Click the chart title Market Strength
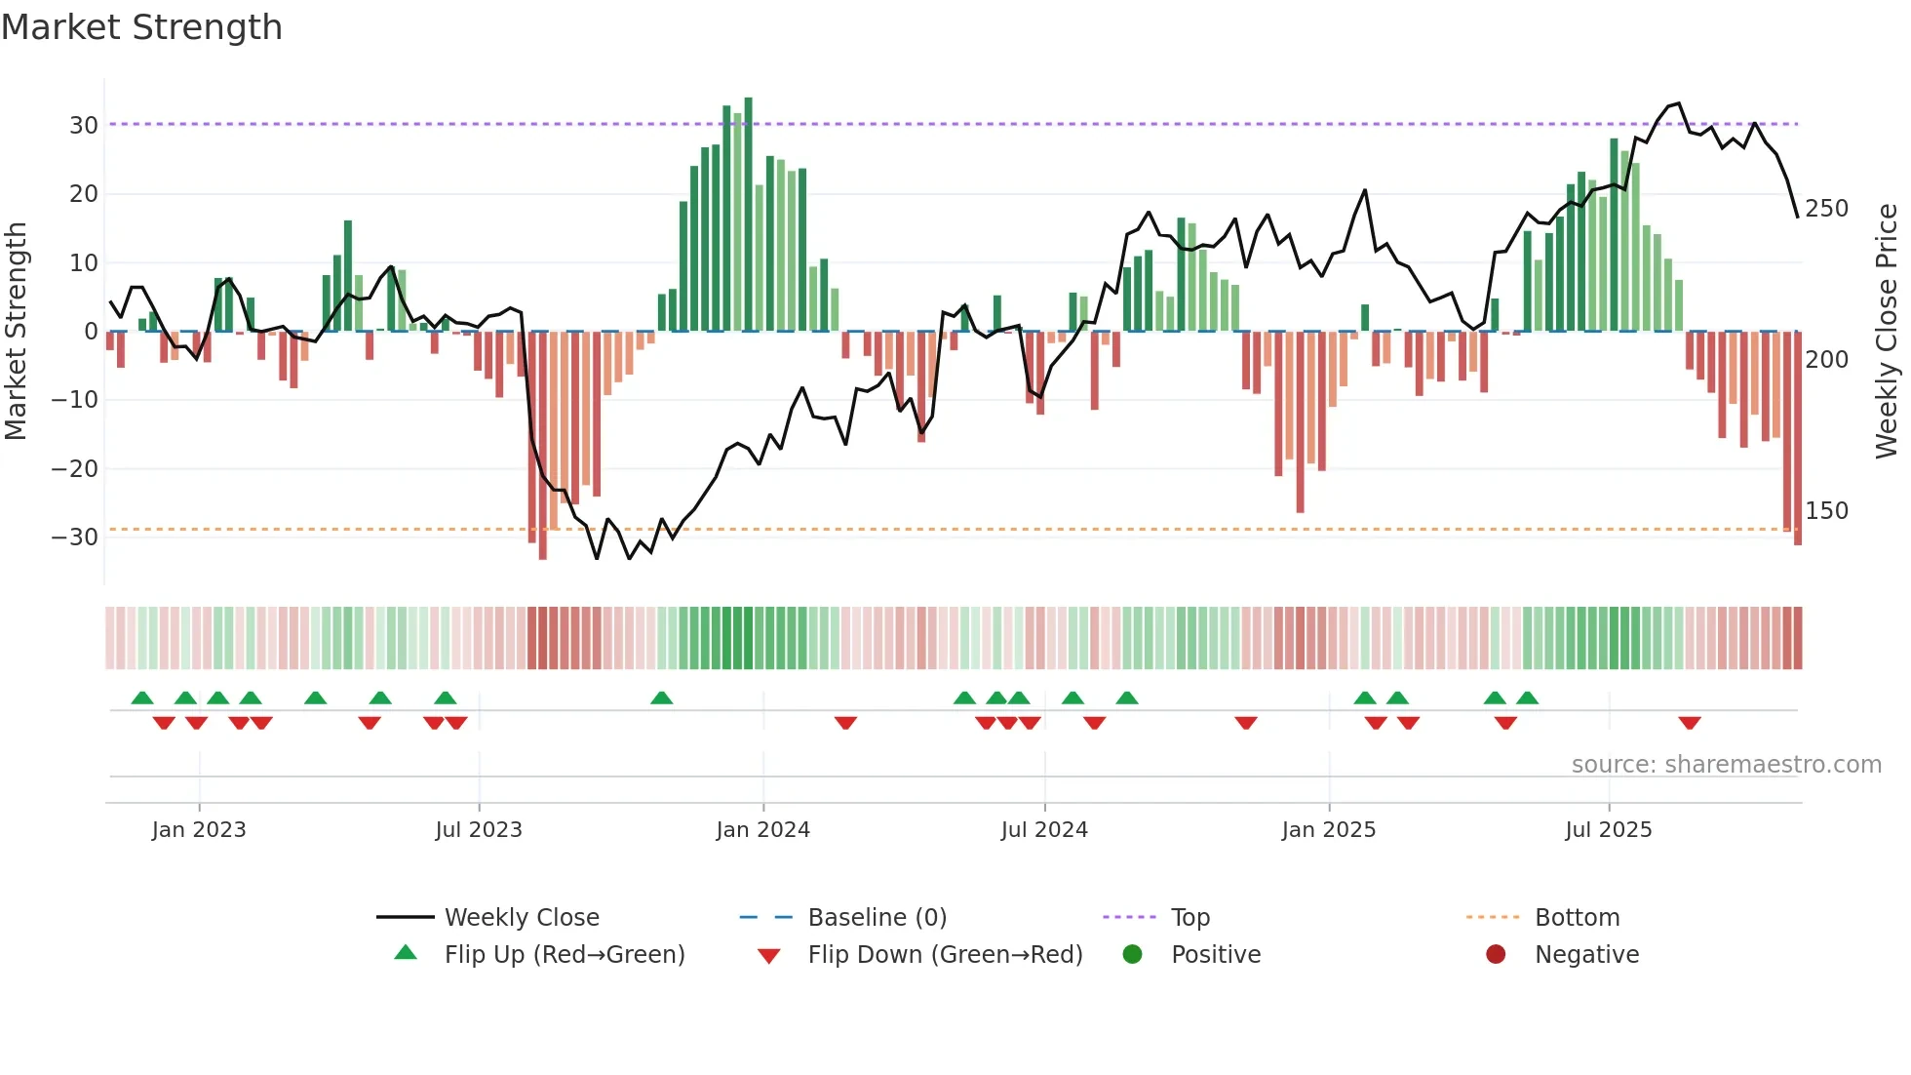[x=141, y=27]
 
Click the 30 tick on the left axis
[x=83, y=125]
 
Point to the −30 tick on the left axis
[x=75, y=537]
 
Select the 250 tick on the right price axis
[x=1826, y=209]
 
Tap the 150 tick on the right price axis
[x=1826, y=511]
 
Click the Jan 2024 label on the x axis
[x=762, y=830]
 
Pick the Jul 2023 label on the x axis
[x=479, y=830]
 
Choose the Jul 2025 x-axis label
[x=1609, y=830]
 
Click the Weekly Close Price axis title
[x=1887, y=332]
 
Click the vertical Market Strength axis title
[x=17, y=332]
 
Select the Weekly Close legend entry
[x=522, y=918]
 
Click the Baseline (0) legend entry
[x=877, y=918]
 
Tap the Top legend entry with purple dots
[x=1189, y=918]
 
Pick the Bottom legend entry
[x=1577, y=918]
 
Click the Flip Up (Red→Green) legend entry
[x=564, y=955]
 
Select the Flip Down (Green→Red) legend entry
[x=944, y=955]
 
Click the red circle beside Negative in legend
[x=1496, y=955]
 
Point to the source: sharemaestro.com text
[x=1726, y=765]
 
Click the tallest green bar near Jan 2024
[x=748, y=215]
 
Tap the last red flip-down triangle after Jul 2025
[x=1690, y=723]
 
